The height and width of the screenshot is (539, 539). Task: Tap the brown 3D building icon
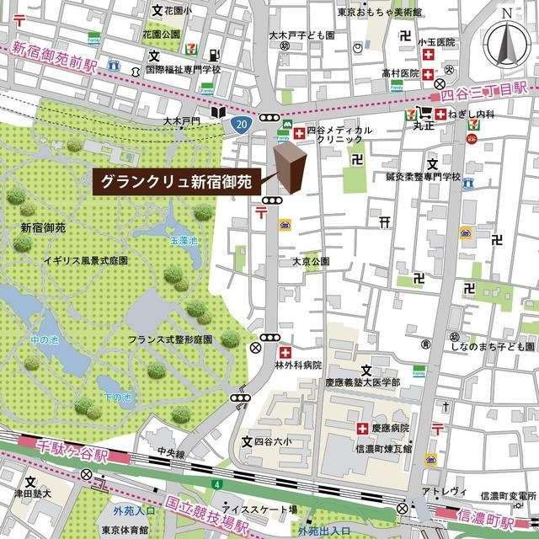[x=288, y=168]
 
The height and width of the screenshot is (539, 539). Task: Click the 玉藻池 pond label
[x=184, y=241]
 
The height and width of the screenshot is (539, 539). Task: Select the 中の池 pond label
[x=42, y=340]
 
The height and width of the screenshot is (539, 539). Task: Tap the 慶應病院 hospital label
[x=391, y=428]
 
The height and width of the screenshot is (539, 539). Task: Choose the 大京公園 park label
[x=310, y=262]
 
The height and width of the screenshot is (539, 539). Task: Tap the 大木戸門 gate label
[x=181, y=122]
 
